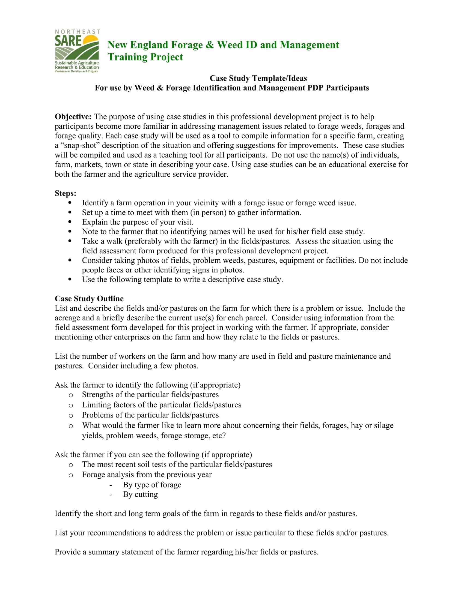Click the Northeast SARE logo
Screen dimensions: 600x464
77,51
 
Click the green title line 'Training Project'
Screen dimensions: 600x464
145,57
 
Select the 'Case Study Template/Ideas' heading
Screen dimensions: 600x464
258,78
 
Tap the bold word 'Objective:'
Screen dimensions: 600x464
73,117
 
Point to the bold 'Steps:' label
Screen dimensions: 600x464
66,193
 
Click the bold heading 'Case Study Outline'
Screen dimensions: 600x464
89,299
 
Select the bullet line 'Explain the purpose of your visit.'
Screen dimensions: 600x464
138,222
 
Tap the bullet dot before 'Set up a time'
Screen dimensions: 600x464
70,212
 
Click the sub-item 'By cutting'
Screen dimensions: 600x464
140,494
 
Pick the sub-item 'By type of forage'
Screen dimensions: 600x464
152,485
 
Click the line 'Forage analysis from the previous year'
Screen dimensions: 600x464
147,475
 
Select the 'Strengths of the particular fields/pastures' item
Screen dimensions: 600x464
150,395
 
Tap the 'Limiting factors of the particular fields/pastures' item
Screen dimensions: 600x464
161,405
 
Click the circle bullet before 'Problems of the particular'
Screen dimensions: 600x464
71,415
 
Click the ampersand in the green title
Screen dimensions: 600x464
210,45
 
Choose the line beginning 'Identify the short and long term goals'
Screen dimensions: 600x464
206,514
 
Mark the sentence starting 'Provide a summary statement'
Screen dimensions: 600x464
186,552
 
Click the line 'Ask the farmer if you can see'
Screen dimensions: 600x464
153,455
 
